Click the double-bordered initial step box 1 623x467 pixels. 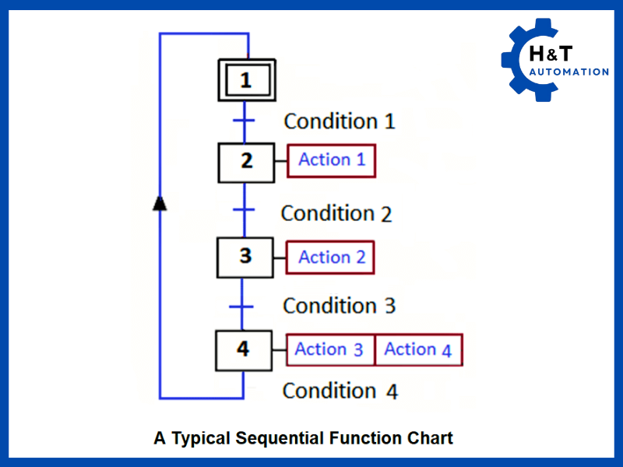(245, 79)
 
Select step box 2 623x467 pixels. (246, 162)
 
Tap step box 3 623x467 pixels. (245, 256)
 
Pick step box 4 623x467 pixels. (244, 350)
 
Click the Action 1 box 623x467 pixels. (332, 160)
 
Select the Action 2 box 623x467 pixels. (332, 258)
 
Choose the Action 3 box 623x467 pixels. (330, 349)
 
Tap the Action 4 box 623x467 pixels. (418, 349)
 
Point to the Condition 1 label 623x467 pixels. (339, 121)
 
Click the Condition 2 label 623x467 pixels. (336, 213)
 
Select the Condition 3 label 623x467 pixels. (339, 306)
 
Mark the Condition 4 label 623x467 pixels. (340, 391)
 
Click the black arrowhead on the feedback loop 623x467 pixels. (160, 203)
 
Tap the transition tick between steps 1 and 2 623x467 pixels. (245, 121)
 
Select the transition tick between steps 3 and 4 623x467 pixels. (245, 306)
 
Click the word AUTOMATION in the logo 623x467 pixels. (568, 72)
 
